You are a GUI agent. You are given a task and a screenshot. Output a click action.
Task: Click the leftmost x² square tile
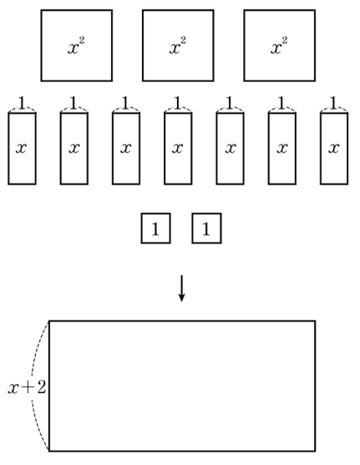[x=77, y=45]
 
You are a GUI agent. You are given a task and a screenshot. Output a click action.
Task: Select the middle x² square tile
[x=178, y=45]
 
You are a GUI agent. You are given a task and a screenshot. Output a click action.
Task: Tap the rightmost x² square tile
[x=280, y=45]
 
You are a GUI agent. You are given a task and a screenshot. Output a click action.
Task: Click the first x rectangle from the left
[x=22, y=149]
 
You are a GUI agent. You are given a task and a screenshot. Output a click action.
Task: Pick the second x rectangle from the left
[x=74, y=149]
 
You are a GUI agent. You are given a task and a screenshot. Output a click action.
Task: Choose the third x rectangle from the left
[x=126, y=149]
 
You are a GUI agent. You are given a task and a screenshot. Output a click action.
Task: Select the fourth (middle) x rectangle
[x=178, y=149]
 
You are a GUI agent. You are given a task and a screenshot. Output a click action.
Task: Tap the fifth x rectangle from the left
[x=231, y=149]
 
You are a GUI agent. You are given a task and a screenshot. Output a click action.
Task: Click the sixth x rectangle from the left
[x=282, y=149]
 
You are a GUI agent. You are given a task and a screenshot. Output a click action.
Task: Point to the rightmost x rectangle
[x=334, y=149]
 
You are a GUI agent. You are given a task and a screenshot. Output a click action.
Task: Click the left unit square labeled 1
[x=156, y=229]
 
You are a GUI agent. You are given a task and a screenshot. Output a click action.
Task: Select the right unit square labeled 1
[x=206, y=229]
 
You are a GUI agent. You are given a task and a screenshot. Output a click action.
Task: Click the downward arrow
[x=181, y=288]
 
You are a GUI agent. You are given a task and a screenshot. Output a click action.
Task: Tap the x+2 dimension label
[x=27, y=387]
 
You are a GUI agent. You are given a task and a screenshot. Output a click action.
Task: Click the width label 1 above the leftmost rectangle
[x=22, y=103]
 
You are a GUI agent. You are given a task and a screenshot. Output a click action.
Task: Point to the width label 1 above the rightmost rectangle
[x=334, y=103]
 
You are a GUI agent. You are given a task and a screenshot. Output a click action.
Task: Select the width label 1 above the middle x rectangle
[x=178, y=103]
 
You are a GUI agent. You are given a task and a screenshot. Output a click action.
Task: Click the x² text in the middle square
[x=178, y=46]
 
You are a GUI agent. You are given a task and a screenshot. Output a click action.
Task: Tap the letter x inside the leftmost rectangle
[x=22, y=148]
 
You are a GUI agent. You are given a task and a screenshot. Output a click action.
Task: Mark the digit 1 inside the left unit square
[x=155, y=229]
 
